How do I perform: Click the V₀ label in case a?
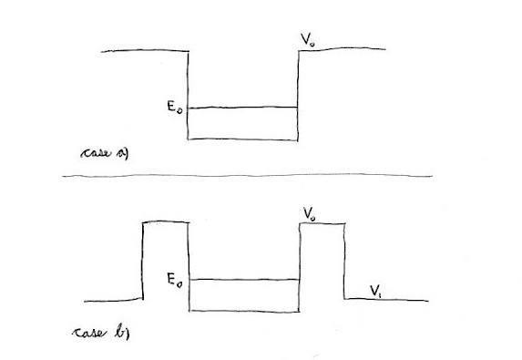click(x=308, y=39)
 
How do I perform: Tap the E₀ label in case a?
click(x=175, y=108)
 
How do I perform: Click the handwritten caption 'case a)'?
click(x=105, y=153)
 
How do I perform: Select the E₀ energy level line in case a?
click(x=242, y=108)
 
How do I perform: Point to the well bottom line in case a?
click(x=242, y=139)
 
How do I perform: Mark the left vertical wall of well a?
click(x=188, y=96)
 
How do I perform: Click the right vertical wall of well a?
click(x=298, y=96)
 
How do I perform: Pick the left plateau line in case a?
click(x=145, y=51)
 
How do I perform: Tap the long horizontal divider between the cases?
click(x=248, y=176)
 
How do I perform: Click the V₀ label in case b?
click(x=310, y=214)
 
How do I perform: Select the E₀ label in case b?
click(x=175, y=280)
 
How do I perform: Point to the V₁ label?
click(x=376, y=291)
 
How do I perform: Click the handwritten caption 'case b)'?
click(x=101, y=333)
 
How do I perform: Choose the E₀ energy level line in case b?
click(x=244, y=280)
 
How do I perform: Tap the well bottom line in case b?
click(x=244, y=312)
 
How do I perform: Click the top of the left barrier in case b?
click(x=166, y=221)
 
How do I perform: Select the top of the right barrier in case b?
click(x=322, y=223)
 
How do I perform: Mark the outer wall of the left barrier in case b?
click(x=143, y=261)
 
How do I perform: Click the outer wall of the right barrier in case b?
click(x=344, y=261)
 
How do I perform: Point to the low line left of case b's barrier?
click(x=113, y=301)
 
